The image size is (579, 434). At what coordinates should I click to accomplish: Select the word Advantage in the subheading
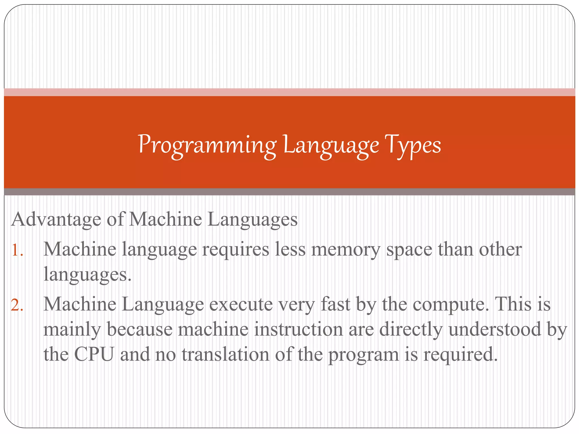(x=56, y=220)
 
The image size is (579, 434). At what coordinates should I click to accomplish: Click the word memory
(x=345, y=250)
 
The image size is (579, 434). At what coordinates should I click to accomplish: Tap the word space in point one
(x=409, y=250)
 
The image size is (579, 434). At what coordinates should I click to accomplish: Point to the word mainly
(x=72, y=330)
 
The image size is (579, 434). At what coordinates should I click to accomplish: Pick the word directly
(x=411, y=330)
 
